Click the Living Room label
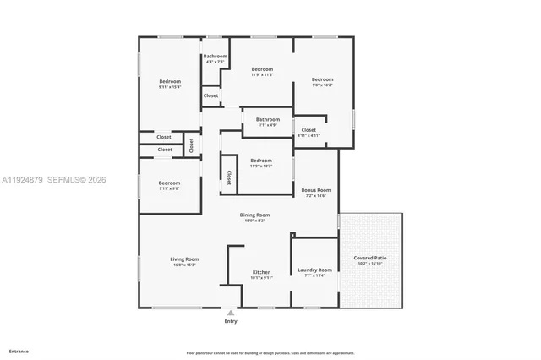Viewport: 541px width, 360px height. click(184, 259)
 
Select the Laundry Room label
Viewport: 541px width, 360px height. click(314, 270)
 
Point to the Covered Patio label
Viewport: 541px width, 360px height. click(370, 258)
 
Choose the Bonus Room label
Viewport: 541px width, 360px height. click(316, 190)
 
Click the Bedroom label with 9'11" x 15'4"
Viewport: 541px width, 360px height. click(170, 80)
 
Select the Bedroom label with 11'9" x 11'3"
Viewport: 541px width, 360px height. click(262, 68)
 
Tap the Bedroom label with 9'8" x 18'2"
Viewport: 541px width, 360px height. click(323, 79)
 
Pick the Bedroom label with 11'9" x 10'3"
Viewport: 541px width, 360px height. click(261, 160)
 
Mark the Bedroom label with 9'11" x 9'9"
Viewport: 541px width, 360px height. click(169, 183)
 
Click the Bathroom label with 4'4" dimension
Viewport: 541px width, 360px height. click(215, 56)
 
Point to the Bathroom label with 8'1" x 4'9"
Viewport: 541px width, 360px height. click(268, 119)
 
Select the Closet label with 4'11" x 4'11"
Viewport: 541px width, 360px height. click(309, 130)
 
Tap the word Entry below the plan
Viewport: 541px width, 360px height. click(231, 321)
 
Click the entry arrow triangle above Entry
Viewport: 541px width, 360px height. click(231, 312)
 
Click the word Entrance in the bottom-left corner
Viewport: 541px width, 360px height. click(18, 350)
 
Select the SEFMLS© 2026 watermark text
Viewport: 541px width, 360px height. click(76, 179)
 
